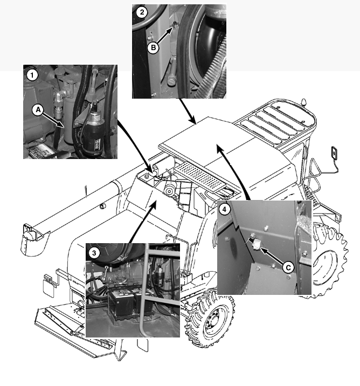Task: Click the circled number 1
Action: coord(31,75)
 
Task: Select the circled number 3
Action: coord(94,252)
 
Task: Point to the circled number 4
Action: coord(225,208)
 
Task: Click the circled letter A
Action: coord(38,109)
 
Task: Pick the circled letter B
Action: coord(153,47)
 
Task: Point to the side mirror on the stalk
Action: coord(335,153)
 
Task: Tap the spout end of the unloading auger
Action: coord(32,237)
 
